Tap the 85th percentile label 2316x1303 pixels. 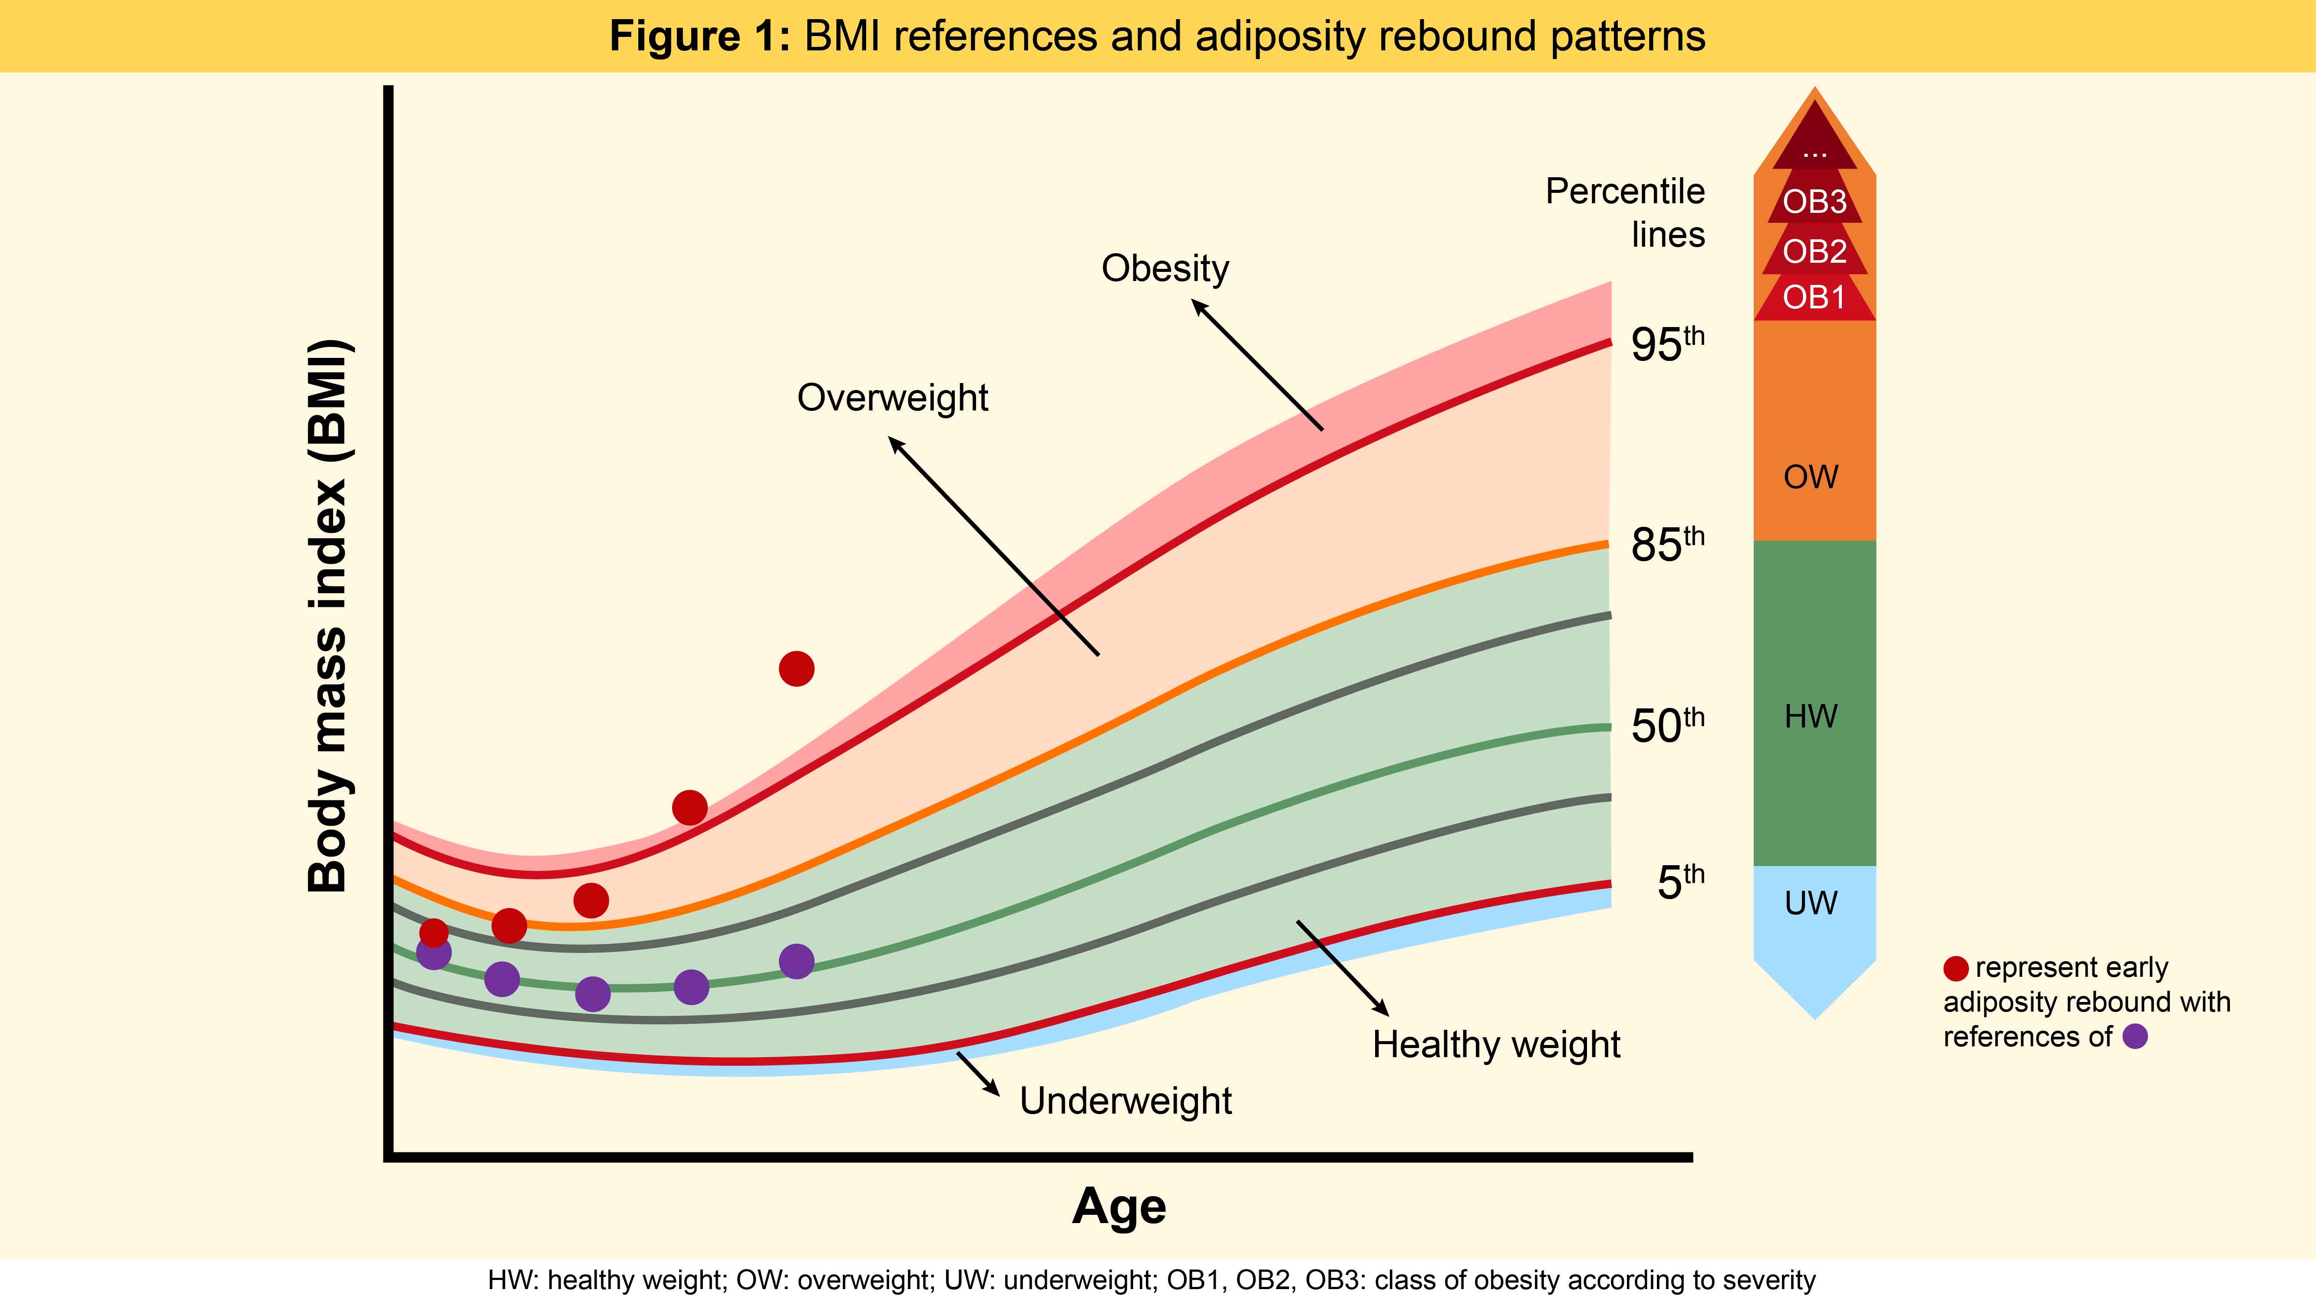[x=1668, y=544]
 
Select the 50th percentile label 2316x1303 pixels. [x=1668, y=725]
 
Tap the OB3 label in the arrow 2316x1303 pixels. [x=1815, y=202]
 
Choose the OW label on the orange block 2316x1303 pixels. [x=1811, y=476]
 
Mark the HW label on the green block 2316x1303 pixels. [x=1811, y=717]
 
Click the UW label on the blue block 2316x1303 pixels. [x=1811, y=903]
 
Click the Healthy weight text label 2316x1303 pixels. [x=1496, y=1045]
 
